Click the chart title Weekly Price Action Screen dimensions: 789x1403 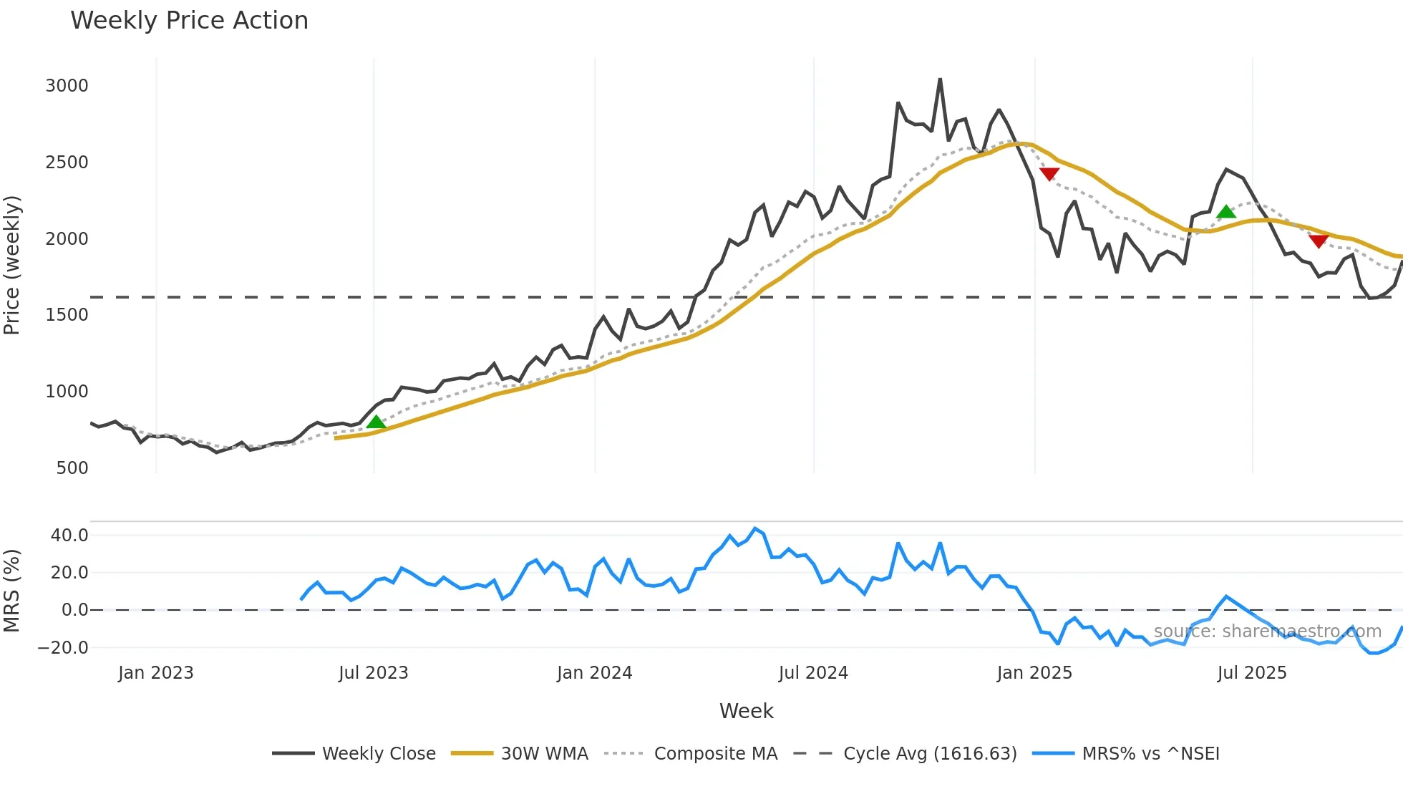coord(189,21)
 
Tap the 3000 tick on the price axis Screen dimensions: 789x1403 coord(67,86)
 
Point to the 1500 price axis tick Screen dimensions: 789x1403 coord(67,315)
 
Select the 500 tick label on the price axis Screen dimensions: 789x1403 coord(72,468)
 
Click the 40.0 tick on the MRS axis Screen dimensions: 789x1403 coord(69,536)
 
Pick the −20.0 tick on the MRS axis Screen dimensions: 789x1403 coord(63,648)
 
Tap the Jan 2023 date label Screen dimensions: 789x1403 coord(156,673)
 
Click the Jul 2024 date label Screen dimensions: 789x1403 coord(813,673)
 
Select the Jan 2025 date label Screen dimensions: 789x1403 coord(1034,673)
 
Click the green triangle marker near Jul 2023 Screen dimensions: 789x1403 coord(376,422)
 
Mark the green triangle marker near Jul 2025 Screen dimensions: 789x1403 coord(1226,212)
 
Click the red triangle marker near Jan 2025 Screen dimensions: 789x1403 coord(1049,174)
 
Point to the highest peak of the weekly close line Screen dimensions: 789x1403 coord(940,79)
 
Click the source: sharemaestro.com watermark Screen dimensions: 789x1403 coord(1267,631)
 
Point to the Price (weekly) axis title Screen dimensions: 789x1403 coord(12,265)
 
